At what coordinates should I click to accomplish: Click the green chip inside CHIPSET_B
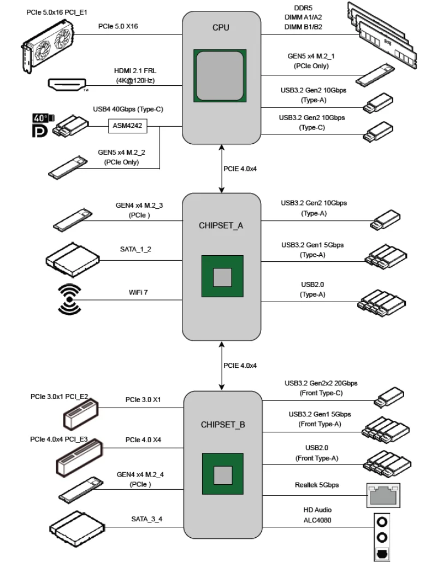tap(222, 473)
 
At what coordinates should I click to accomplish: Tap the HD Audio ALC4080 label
tap(316, 515)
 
